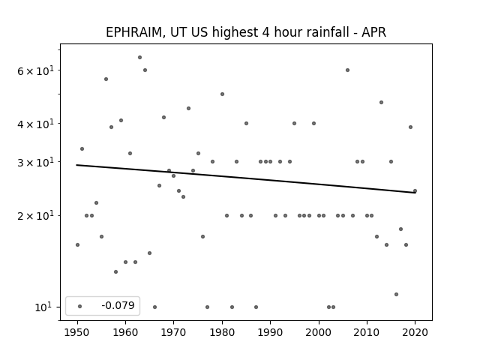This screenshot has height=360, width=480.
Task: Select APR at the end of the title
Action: pyautogui.click(x=373, y=32)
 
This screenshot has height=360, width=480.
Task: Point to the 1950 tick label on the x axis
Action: pyautogui.click(x=77, y=332)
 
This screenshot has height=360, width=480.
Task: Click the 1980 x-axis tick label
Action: pyautogui.click(x=222, y=332)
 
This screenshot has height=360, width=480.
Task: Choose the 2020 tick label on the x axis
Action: pyautogui.click(x=415, y=332)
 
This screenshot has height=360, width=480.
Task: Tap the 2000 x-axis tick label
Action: pyautogui.click(x=319, y=332)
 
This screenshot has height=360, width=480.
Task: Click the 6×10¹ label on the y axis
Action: pyautogui.click(x=35, y=70)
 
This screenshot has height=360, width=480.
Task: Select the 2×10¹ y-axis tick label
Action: pyautogui.click(x=35, y=216)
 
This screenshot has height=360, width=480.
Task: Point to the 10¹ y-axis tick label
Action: pyautogui.click(x=44, y=307)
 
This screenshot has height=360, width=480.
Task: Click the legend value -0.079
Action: pyautogui.click(x=118, y=305)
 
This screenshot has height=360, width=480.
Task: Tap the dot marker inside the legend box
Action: pyautogui.click(x=80, y=307)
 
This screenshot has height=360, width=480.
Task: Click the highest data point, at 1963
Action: pyautogui.click(x=140, y=58)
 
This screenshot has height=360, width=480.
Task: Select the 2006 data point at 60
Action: pyautogui.click(x=347, y=70)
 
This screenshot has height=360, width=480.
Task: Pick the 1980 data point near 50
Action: pyautogui.click(x=222, y=94)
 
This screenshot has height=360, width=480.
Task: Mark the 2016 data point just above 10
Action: pyautogui.click(x=396, y=295)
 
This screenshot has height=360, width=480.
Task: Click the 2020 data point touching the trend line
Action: pyautogui.click(x=415, y=191)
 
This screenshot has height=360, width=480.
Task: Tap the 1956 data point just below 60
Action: pyautogui.click(x=106, y=79)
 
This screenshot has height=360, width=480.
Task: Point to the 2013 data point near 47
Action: pyautogui.click(x=382, y=103)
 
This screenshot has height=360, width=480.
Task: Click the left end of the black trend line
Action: pyautogui.click(x=76, y=165)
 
